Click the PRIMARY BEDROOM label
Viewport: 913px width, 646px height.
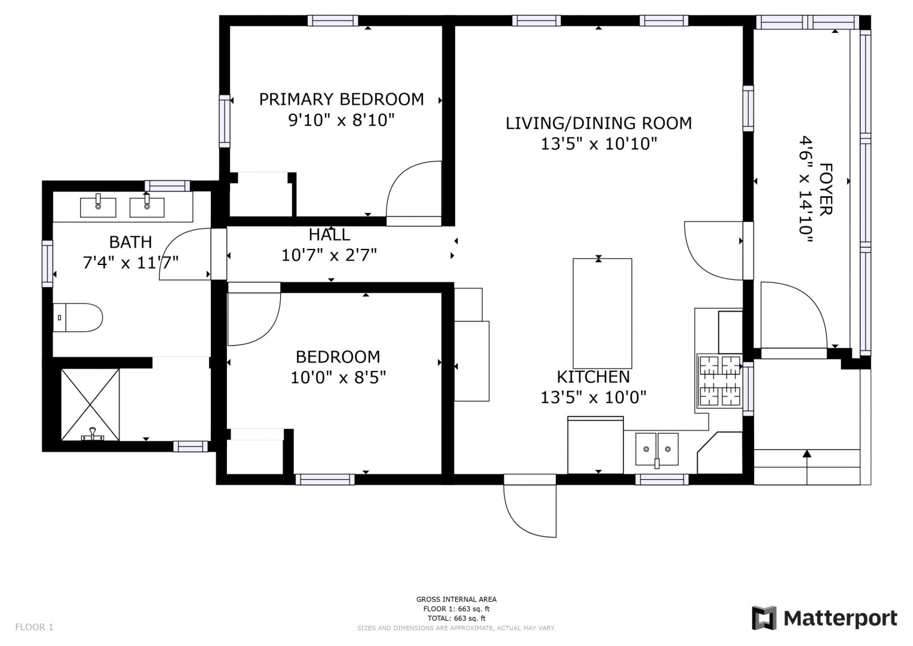point(342,99)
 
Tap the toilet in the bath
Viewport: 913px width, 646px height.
point(78,318)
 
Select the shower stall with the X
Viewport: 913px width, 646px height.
point(90,405)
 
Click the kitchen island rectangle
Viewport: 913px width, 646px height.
point(602,313)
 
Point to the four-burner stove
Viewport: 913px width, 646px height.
point(720,381)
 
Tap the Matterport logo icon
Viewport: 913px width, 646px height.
point(764,618)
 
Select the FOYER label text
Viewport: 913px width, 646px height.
point(826,190)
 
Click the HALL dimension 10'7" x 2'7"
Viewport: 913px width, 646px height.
point(329,255)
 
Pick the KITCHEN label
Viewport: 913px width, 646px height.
point(593,377)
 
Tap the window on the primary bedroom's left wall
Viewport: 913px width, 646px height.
point(225,121)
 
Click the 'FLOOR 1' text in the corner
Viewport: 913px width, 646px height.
point(34,627)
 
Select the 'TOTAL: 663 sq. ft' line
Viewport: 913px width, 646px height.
point(456,618)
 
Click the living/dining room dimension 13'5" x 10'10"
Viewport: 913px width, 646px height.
point(599,144)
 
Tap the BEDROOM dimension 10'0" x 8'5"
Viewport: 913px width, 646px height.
point(338,377)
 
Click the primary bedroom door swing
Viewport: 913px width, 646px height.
point(413,193)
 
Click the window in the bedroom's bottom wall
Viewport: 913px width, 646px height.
point(325,480)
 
